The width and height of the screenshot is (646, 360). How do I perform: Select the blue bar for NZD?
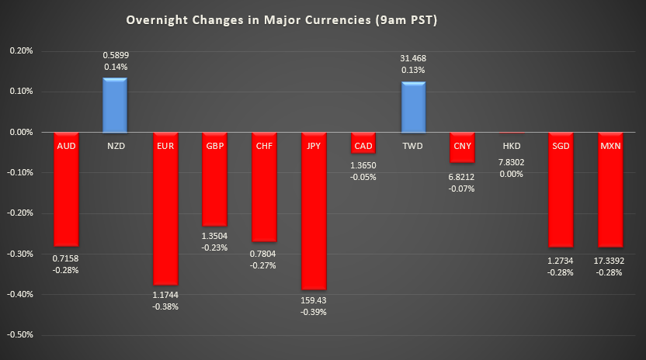click(115, 105)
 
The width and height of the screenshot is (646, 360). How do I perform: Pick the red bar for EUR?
click(165, 217)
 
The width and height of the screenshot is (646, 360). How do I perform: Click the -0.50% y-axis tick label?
click(19, 335)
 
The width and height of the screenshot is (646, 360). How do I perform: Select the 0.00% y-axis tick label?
click(19, 133)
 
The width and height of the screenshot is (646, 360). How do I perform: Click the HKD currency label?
click(512, 145)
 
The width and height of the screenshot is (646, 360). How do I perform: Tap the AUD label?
click(65, 145)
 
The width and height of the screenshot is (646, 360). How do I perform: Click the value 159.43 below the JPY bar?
click(314, 299)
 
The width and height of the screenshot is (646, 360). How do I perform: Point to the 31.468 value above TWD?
click(413, 58)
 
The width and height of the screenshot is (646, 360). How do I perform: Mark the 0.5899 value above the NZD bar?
click(115, 55)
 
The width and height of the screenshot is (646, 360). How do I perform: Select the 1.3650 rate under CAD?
click(363, 165)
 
